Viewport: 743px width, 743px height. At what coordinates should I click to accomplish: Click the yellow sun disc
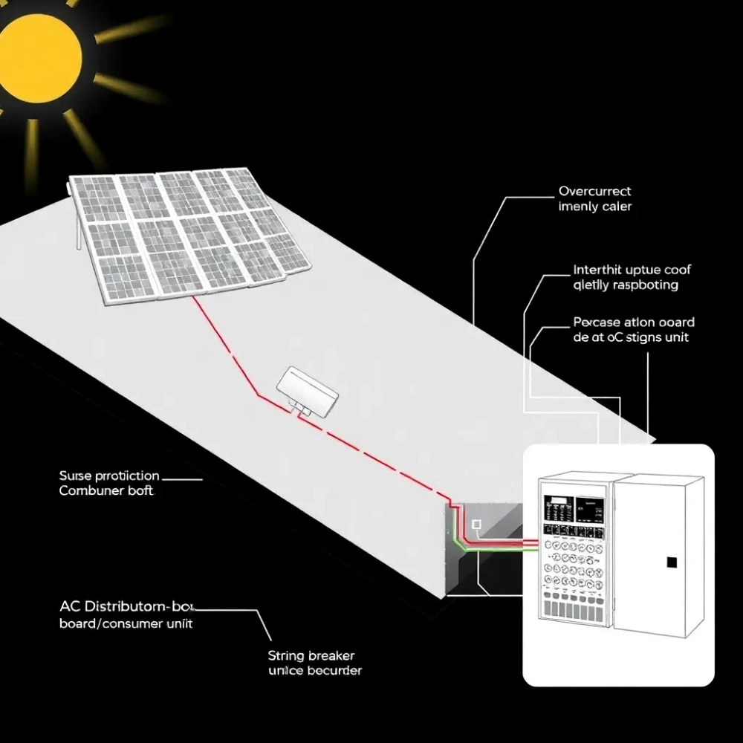point(37,56)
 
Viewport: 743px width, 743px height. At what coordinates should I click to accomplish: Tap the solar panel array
point(189,234)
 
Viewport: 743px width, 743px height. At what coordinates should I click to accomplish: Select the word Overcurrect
point(594,192)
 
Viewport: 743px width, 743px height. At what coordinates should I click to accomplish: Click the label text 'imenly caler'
point(595,207)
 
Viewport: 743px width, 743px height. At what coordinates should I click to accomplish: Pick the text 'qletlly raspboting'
point(626,285)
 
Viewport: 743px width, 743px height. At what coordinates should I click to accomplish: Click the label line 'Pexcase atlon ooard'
point(634,322)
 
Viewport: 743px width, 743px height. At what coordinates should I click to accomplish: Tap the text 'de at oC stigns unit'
point(631,337)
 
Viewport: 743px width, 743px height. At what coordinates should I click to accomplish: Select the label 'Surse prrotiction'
point(109,476)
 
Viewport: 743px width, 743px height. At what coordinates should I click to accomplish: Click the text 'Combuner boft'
point(106,491)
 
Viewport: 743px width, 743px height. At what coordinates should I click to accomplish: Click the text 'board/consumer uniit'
point(126,623)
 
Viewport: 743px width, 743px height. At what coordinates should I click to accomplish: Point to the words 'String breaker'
point(311,656)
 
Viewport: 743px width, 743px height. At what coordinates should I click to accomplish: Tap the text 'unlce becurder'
point(315,671)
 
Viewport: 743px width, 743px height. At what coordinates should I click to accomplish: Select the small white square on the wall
point(476,525)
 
